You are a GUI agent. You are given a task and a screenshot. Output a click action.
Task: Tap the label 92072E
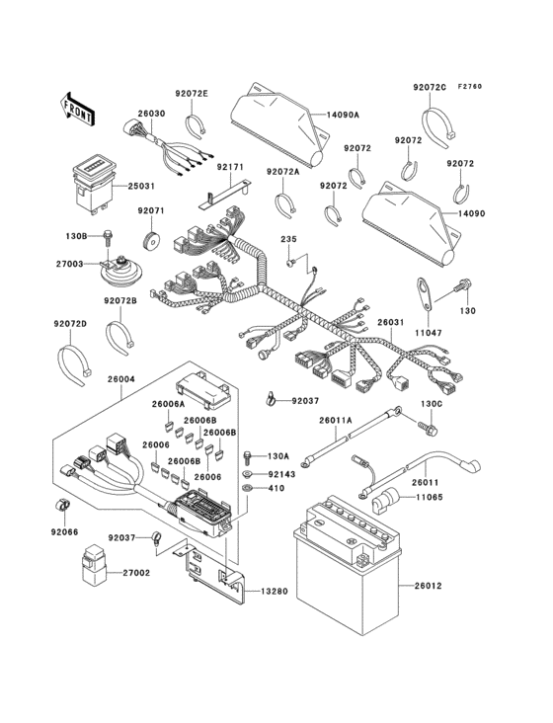tap(193, 93)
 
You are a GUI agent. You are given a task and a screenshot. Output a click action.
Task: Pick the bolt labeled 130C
tap(432, 429)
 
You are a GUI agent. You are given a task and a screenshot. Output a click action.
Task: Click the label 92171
tap(230, 168)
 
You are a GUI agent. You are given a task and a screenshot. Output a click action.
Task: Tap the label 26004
tap(119, 379)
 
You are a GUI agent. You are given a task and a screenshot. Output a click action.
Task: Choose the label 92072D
tap(70, 324)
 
